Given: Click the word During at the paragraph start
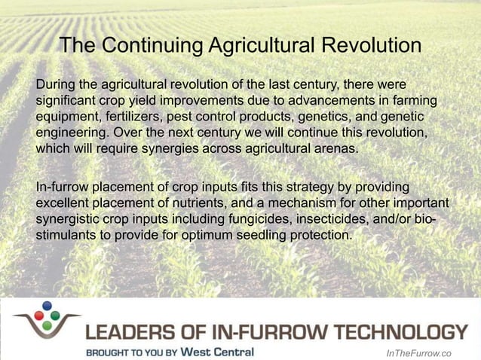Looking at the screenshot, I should (55, 82).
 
